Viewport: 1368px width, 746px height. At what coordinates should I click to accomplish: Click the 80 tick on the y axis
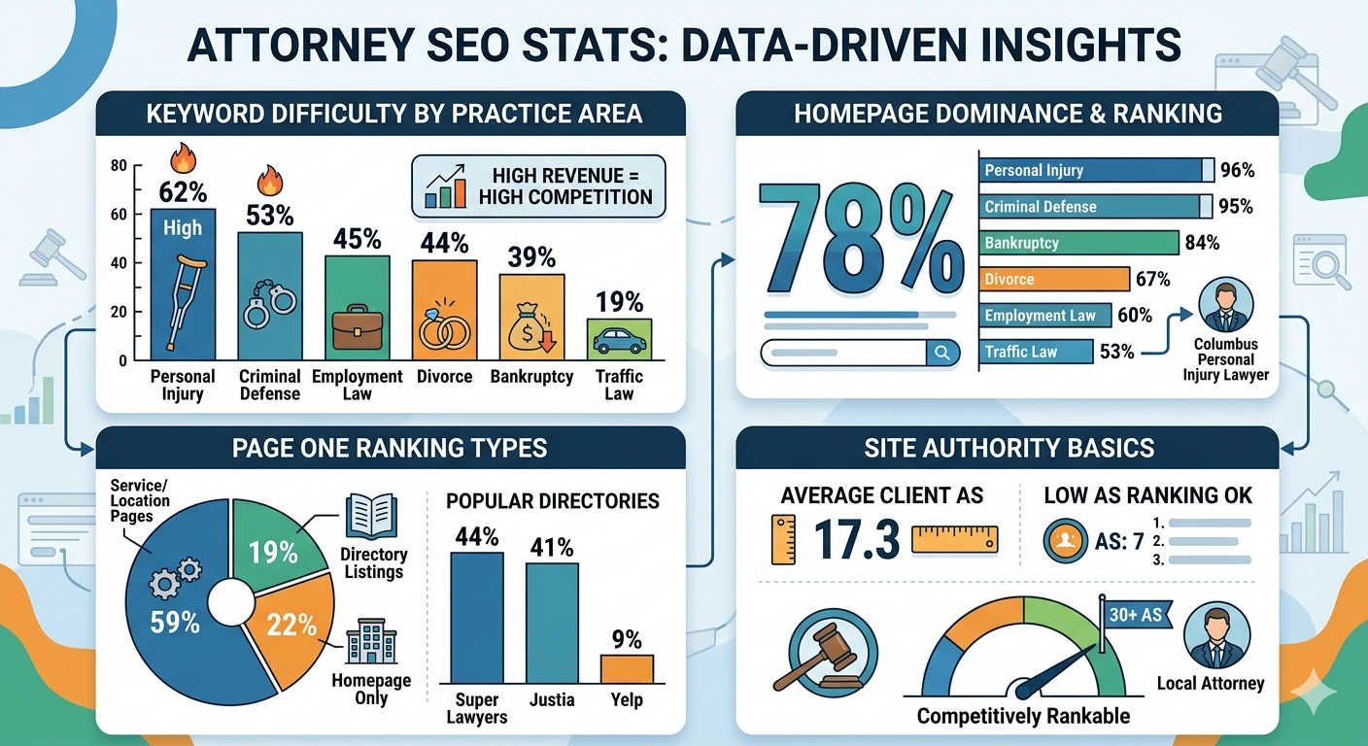pos(119,165)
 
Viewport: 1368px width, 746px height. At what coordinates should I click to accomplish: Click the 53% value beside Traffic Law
pos(1117,352)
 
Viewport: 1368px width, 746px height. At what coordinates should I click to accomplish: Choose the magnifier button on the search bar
pos(941,353)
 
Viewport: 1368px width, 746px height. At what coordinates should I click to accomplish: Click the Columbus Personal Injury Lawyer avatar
pos(1225,307)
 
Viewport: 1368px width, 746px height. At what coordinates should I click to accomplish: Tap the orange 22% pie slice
pos(288,631)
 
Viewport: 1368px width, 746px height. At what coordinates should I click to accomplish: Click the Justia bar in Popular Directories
pos(552,622)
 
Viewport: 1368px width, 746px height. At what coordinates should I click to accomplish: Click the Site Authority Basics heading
pos(1007,448)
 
